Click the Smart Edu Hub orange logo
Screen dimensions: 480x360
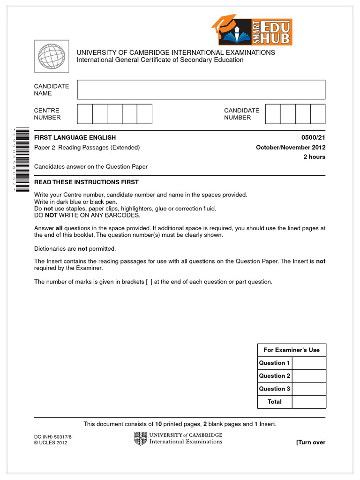(252, 30)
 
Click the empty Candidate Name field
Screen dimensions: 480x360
(201, 90)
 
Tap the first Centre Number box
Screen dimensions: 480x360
(85, 114)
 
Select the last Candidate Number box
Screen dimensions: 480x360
(318, 114)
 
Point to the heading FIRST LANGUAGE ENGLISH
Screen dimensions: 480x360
(75, 138)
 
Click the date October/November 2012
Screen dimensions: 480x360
(291, 148)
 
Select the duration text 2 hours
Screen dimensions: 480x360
(315, 157)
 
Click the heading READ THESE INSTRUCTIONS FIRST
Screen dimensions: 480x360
(86, 182)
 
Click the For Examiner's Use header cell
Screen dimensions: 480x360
(292, 350)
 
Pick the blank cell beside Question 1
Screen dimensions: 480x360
(309, 363)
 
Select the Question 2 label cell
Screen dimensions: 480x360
(275, 376)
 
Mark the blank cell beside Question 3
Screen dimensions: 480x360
(309, 389)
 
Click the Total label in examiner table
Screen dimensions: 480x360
(275, 402)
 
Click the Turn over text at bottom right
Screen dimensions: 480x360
(310, 442)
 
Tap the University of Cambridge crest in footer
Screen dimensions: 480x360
(140, 438)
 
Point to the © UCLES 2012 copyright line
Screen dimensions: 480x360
(51, 443)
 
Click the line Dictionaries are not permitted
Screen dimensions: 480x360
(75, 249)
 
